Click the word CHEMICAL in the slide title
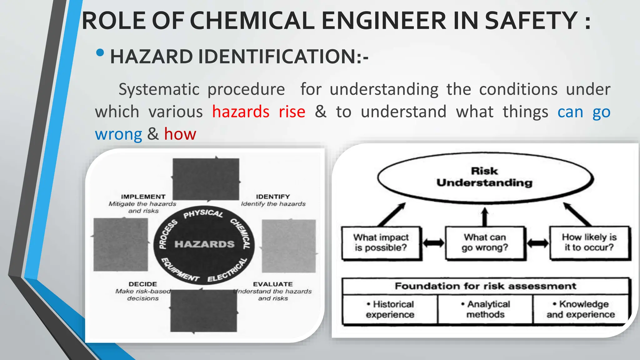tap(252, 21)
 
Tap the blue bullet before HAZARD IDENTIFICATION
tap(100, 53)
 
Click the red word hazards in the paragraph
tap(241, 112)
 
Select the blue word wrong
tap(118, 134)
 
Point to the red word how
tap(180, 134)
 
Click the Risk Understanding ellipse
tap(485, 177)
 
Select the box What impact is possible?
tap(381, 242)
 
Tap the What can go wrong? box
tap(485, 242)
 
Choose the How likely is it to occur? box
tap(589, 242)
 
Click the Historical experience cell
tap(390, 309)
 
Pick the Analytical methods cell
tap(485, 309)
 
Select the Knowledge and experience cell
tap(581, 309)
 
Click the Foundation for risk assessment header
tap(485, 286)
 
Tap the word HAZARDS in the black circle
tap(204, 244)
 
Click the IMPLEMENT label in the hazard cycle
tap(143, 197)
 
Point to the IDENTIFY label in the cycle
tap(273, 197)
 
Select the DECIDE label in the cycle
tap(143, 284)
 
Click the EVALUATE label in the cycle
tap(273, 284)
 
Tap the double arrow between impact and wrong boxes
tap(433, 243)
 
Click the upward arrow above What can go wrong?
tap(485, 216)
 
